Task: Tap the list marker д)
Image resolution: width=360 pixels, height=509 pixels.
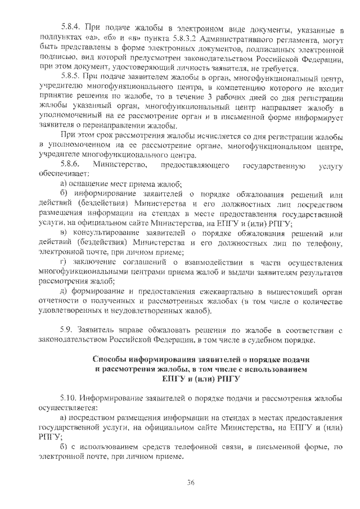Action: [x=64, y=291]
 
